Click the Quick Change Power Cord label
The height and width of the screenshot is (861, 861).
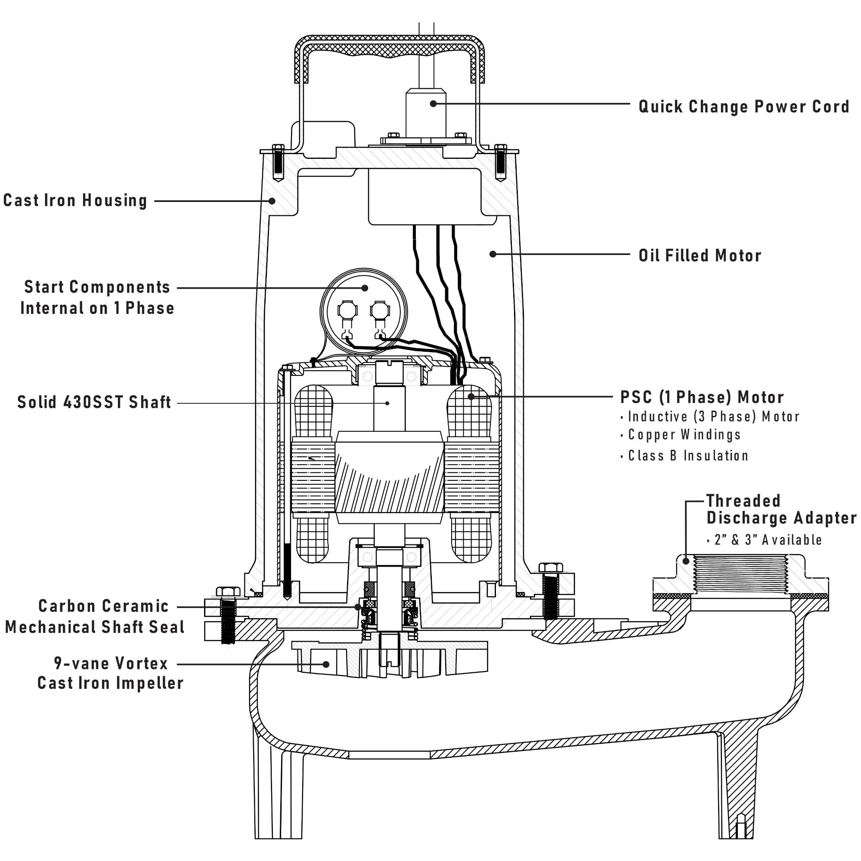(743, 106)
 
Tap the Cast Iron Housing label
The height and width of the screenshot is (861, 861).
(75, 201)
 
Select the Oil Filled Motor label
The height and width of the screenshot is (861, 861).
(700, 255)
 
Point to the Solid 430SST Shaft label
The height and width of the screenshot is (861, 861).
(94, 402)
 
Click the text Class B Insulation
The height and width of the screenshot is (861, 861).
(688, 455)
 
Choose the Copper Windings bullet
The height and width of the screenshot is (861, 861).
(684, 434)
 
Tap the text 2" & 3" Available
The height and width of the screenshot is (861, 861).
(768, 540)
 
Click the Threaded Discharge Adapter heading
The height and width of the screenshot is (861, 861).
(781, 509)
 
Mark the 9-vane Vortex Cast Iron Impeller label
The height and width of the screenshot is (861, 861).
(110, 673)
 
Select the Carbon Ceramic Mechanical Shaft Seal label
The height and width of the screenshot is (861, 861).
(95, 616)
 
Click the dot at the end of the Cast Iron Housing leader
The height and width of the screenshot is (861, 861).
(272, 201)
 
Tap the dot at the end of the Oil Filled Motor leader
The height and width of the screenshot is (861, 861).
(492, 254)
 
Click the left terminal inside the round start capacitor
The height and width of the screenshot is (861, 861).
(347, 311)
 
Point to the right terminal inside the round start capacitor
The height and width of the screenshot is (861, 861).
(379, 311)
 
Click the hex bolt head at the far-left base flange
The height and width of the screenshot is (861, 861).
(228, 592)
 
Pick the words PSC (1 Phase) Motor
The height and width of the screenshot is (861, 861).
(701, 397)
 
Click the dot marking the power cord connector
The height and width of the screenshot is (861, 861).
(433, 103)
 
